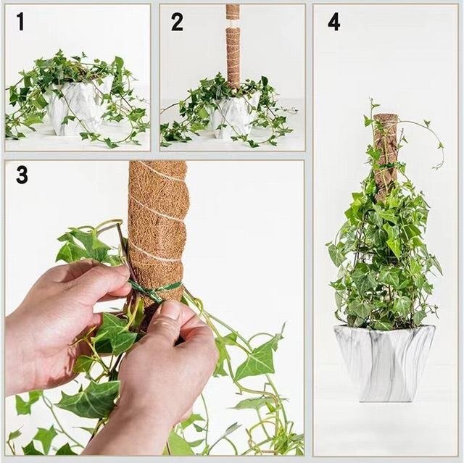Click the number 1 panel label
coord(20,21)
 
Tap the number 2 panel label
coord(177,22)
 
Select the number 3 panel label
coord(22,175)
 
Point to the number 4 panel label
coord(333,22)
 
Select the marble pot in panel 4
coord(384,363)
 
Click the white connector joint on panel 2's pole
coord(233,23)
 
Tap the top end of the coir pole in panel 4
coord(385,115)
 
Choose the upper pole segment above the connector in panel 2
coord(233,12)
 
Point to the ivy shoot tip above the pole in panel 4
coord(371,102)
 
